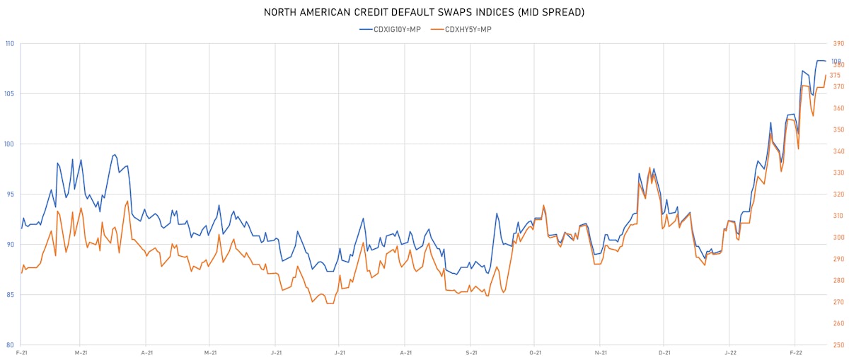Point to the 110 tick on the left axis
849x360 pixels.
click(10, 44)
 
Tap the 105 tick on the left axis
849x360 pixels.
click(10, 94)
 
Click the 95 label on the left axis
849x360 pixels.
click(10, 194)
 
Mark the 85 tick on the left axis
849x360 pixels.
click(10, 295)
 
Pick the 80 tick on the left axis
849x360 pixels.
click(10, 345)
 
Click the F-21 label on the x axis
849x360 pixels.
click(22, 352)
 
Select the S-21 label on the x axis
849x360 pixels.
click(470, 352)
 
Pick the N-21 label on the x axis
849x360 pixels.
click(600, 352)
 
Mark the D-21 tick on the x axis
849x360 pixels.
click(664, 352)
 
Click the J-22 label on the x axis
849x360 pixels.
click(730, 352)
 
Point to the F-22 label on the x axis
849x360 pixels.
click(795, 352)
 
